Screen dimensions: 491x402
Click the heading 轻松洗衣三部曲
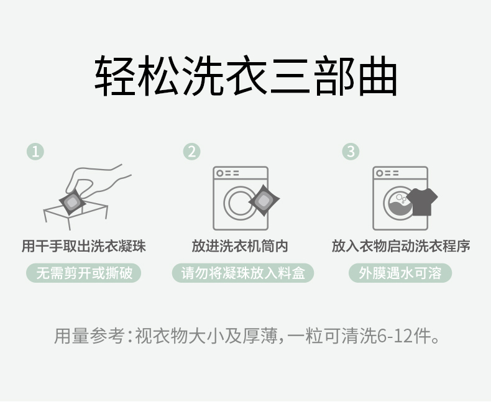point(246,76)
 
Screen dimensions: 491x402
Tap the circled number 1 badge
point(35,152)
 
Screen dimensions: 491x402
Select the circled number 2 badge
point(191,152)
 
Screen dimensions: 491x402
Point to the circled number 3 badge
point(351,152)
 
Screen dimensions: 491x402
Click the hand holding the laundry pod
point(97,181)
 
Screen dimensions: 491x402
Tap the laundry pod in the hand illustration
point(72,202)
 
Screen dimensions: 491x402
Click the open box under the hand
point(76,216)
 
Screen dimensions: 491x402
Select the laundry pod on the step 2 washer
point(264,200)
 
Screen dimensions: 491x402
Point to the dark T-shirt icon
point(422,202)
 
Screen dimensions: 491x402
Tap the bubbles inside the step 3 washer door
point(401,198)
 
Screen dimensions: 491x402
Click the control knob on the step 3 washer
point(380,173)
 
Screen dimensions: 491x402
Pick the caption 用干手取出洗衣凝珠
point(84,246)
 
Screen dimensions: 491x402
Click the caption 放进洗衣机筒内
point(240,246)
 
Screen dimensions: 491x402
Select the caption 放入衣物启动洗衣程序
point(401,246)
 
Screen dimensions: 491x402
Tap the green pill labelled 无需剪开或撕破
point(84,273)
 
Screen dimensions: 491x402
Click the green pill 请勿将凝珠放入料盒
point(243,273)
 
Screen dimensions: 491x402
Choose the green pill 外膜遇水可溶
point(400,273)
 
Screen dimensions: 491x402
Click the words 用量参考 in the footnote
point(89,336)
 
